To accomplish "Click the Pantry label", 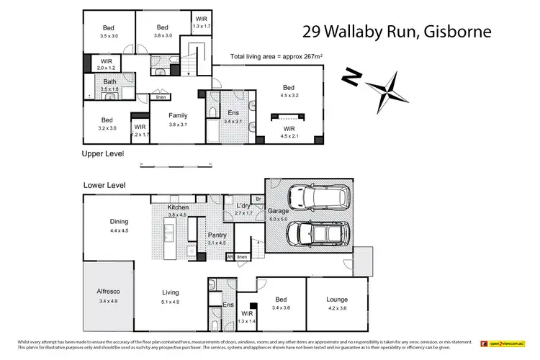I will [x=217, y=238].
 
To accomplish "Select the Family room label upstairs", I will [x=178, y=119].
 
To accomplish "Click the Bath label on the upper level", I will [x=109, y=85].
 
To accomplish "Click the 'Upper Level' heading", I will [x=104, y=153].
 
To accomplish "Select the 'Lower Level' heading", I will [x=104, y=185].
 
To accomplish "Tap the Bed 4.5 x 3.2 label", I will [x=288, y=91].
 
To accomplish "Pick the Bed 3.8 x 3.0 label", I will [x=163, y=31].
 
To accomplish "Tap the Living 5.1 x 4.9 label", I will [x=170, y=295].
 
